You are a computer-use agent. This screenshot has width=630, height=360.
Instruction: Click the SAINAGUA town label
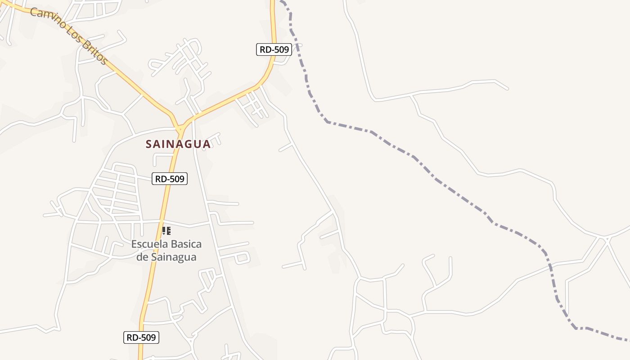point(178,144)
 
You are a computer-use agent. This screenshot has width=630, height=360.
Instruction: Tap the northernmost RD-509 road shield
point(274,49)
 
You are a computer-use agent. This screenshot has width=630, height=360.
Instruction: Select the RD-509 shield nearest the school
point(170,179)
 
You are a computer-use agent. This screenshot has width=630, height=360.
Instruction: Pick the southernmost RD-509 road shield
point(141,337)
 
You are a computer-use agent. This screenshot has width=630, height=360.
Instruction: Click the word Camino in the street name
point(47,21)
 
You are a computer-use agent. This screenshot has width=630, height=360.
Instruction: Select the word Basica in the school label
point(185,244)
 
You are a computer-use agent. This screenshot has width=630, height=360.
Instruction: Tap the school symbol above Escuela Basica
point(166,231)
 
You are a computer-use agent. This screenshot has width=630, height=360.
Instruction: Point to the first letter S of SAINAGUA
point(149,144)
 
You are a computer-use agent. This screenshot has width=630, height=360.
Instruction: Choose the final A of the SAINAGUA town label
point(207,144)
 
